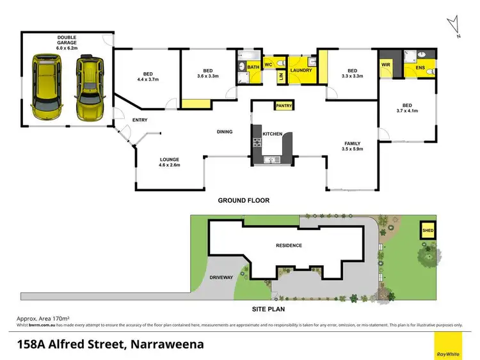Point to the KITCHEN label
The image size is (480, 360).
click(273, 133)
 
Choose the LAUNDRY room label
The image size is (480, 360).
click(301, 70)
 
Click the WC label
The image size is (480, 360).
click(269, 65)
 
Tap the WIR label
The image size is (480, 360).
click(386, 65)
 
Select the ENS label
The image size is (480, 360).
click(420, 67)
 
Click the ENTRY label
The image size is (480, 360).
click(140, 120)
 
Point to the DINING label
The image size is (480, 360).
click(224, 132)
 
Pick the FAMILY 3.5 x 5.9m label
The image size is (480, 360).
click(353, 146)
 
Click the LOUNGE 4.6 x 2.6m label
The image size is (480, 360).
click(170, 162)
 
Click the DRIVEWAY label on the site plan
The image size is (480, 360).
click(221, 278)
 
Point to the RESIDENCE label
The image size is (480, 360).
click(289, 246)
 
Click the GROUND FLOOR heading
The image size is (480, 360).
click(243, 200)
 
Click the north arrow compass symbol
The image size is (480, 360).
click(455, 27)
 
